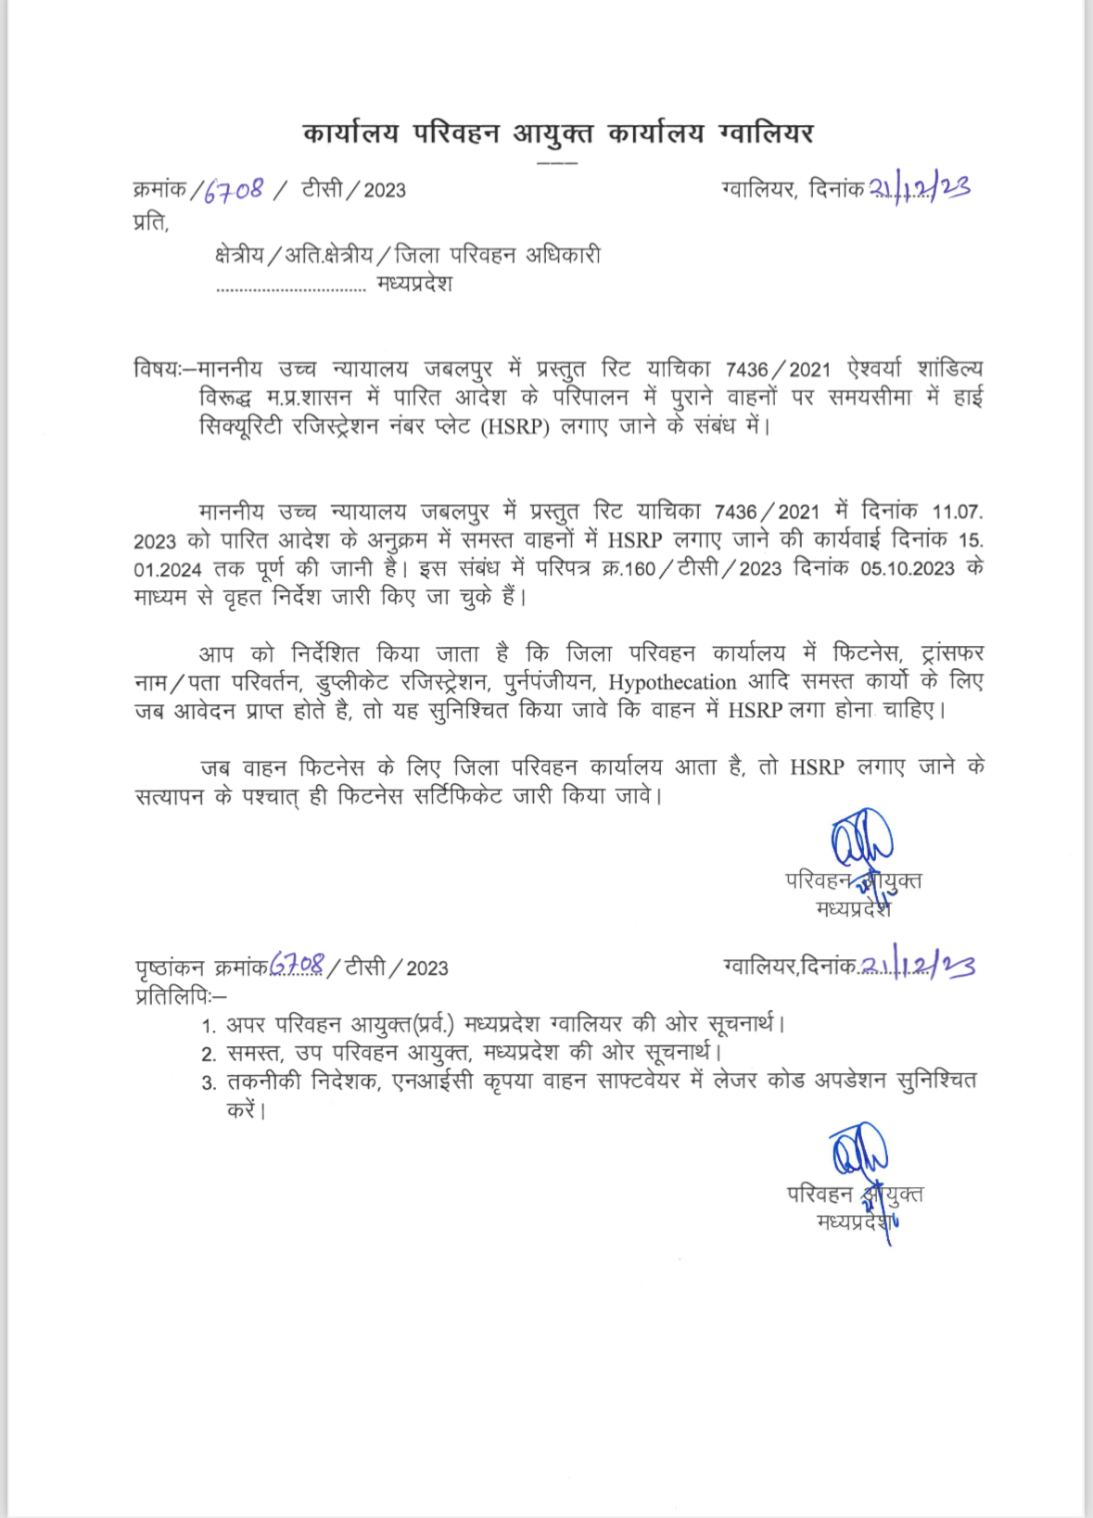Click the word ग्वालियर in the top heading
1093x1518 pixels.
(766, 134)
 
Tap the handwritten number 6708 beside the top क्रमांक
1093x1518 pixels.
(234, 190)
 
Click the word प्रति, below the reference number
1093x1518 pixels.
(151, 222)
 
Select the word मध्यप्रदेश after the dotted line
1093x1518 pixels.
(414, 285)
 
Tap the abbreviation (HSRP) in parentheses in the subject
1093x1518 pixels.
(515, 427)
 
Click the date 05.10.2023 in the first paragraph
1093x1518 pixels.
(907, 569)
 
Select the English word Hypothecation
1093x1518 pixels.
(672, 683)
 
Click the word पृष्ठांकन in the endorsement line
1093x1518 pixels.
(170, 968)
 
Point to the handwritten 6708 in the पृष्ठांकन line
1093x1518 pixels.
(297, 966)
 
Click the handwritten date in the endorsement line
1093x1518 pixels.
(918, 966)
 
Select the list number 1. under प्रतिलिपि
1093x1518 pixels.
(210, 1026)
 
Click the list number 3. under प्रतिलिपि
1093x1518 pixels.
(210, 1083)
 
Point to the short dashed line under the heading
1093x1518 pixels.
(557, 162)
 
